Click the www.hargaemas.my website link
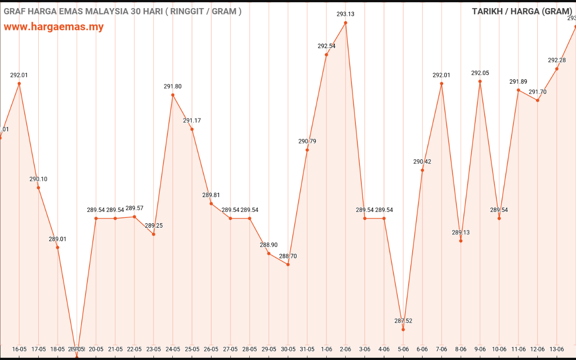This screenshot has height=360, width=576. [54, 27]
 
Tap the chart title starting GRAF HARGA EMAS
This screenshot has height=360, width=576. [122, 11]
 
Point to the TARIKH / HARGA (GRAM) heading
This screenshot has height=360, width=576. [522, 11]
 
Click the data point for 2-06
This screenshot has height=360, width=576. [346, 22]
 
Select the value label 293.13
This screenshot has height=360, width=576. [346, 14]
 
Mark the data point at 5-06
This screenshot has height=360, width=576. [403, 329]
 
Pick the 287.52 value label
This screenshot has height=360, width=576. [403, 321]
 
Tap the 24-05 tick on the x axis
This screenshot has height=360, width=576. [173, 349]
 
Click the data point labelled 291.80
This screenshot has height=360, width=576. [173, 95]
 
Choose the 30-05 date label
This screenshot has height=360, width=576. [288, 349]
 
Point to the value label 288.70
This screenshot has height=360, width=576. [288, 256]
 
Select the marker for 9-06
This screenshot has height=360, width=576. [480, 81]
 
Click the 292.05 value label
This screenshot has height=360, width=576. [480, 73]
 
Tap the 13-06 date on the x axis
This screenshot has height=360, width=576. [557, 349]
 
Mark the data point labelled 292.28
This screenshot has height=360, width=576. [557, 69]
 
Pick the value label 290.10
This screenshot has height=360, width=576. [38, 179]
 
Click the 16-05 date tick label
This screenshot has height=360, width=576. [19, 349]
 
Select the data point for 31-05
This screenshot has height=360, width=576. [307, 150]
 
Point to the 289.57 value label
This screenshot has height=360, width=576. [135, 208]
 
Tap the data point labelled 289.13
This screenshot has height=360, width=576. [461, 241]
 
